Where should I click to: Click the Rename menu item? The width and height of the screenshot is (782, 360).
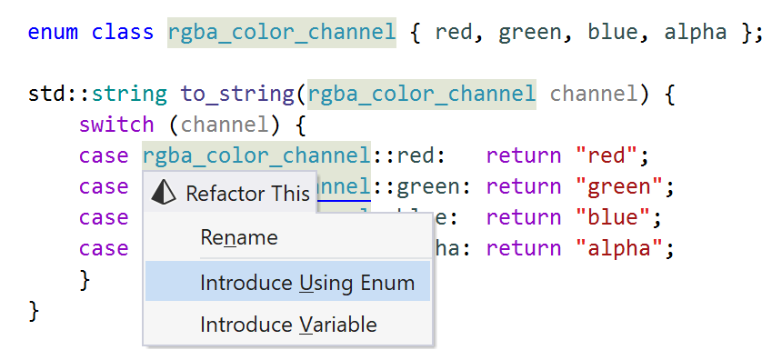(x=239, y=238)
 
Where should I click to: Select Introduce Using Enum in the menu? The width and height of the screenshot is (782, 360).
(x=307, y=282)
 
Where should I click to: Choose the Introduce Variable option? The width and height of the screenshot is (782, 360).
(x=288, y=325)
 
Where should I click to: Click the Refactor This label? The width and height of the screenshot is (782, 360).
(x=247, y=193)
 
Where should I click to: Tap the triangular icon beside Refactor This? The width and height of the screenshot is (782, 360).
(x=163, y=193)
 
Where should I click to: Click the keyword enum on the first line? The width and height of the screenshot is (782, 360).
(x=53, y=33)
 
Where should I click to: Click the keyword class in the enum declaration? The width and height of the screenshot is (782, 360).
(x=122, y=33)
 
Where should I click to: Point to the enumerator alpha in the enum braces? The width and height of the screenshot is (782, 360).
(x=695, y=33)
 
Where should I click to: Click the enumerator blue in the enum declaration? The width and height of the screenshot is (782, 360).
(x=611, y=33)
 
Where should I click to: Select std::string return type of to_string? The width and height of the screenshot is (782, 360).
(x=97, y=94)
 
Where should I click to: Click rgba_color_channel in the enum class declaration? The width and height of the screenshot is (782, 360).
(x=282, y=33)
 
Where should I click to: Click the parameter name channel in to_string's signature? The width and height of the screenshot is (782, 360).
(x=593, y=94)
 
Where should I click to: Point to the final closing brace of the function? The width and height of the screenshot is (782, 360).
(x=35, y=310)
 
